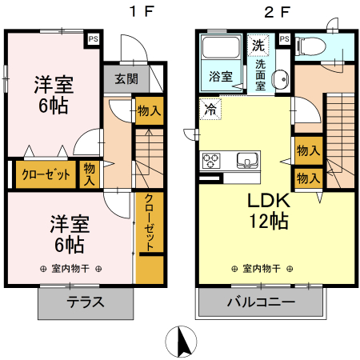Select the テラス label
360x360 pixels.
85,303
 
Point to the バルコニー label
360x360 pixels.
261,303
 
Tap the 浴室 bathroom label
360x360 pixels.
222,77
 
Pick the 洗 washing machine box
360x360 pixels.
258,43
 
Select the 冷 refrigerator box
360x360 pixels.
210,107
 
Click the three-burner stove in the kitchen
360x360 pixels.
213,160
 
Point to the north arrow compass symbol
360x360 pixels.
182,342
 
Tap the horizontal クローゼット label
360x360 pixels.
45,174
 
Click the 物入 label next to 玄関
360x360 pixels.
146,110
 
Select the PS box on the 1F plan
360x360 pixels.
94,38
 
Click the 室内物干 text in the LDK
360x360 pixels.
260,269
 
